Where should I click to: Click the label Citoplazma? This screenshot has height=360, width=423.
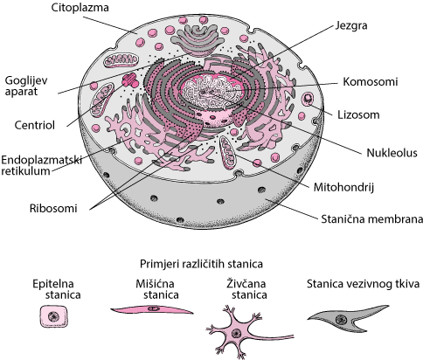pyautogui.click(x=80, y=8)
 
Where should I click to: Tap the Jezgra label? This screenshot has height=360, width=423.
pyautogui.click(x=351, y=25)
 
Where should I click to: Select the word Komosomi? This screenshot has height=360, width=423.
pyautogui.click(x=370, y=82)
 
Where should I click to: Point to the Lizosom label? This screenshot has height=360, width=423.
pyautogui.click(x=358, y=114)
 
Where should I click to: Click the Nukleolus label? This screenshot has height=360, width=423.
pyautogui.click(x=392, y=153)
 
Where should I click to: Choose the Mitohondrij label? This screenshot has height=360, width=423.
pyautogui.click(x=343, y=187)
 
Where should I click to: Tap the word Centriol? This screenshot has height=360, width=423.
pyautogui.click(x=35, y=126)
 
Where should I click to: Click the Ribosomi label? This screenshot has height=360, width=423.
pyautogui.click(x=53, y=209)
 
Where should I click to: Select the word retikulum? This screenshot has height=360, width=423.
pyautogui.click(x=25, y=171)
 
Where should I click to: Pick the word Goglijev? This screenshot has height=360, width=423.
pyautogui.click(x=26, y=80)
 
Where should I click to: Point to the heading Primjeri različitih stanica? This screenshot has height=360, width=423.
pyautogui.click(x=201, y=264)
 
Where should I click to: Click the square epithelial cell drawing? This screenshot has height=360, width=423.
pyautogui.click(x=54, y=316)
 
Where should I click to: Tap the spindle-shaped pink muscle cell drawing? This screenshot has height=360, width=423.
pyautogui.click(x=151, y=310)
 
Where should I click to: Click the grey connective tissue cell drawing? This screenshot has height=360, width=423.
pyautogui.click(x=343, y=319)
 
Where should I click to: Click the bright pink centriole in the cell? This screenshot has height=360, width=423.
pyautogui.click(x=130, y=80)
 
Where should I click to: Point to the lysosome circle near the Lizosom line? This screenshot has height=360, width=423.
pyautogui.click(x=308, y=99)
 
